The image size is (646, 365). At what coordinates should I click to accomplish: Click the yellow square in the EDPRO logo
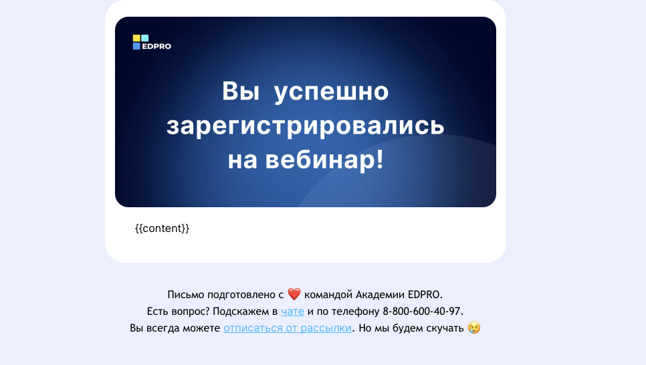136,38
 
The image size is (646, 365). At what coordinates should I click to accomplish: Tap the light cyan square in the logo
144,38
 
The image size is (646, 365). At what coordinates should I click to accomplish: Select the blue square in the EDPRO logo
136,46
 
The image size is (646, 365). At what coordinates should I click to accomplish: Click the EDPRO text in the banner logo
156,46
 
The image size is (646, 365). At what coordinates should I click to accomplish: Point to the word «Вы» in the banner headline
241,91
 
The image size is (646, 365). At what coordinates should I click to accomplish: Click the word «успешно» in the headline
331,92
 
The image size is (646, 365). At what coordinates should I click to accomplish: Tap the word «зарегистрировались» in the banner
306,126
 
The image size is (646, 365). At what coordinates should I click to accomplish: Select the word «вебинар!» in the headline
324,159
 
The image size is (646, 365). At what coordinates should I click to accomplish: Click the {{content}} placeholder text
162,228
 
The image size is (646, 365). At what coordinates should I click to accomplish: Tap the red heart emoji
294,294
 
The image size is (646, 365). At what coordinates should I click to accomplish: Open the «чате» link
292,312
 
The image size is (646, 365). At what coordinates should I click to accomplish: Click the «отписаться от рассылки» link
288,328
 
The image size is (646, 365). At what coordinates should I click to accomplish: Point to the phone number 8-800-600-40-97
423,312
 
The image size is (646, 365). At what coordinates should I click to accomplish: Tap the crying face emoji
474,328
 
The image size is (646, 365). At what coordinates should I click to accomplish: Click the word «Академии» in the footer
381,295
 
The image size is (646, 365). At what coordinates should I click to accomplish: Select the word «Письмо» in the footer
186,295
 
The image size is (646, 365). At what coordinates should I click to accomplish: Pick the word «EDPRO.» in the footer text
425,295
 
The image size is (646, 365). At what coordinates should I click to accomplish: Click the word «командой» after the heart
328,295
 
